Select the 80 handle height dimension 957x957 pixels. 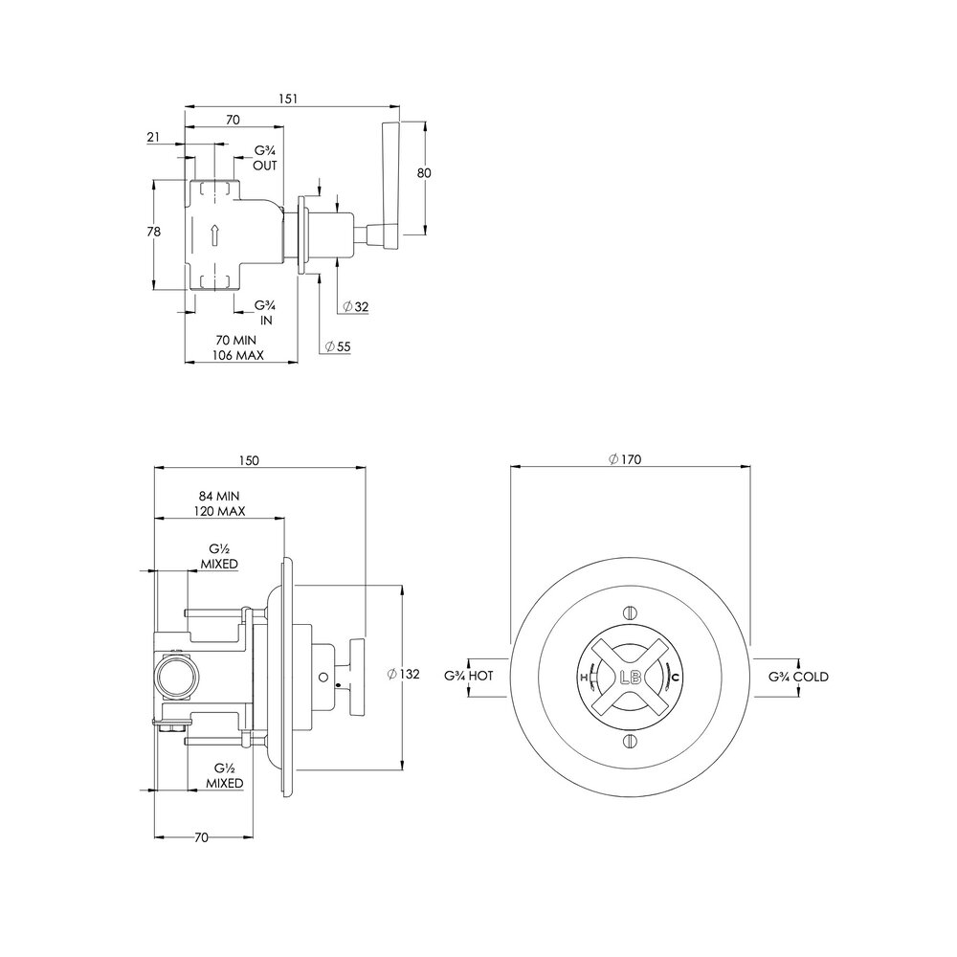[x=425, y=173]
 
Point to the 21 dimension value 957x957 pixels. [x=153, y=138]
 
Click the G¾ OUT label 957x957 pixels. [x=265, y=159]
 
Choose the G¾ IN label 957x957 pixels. [x=265, y=313]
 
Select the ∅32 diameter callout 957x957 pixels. [x=355, y=307]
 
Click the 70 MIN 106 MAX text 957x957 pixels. [x=236, y=347]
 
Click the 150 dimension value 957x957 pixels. [x=249, y=460]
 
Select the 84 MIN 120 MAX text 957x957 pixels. [x=218, y=503]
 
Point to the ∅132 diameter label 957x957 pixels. [x=404, y=675]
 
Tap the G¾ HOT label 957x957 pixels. [x=468, y=677]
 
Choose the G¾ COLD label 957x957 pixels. [x=798, y=677]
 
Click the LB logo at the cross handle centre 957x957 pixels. [x=631, y=677]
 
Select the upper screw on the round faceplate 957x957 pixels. [x=630, y=612]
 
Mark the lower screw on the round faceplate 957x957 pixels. [x=630, y=742]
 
